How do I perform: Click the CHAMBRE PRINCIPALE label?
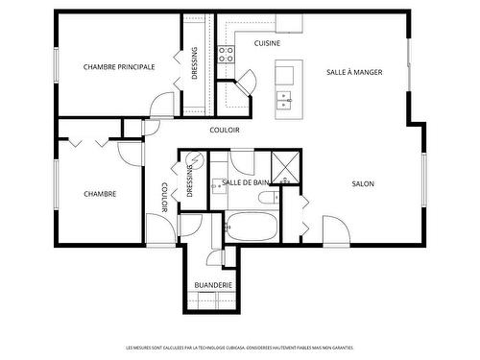(x=119, y=67)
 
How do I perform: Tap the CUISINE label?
(x=267, y=44)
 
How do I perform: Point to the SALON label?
(x=363, y=183)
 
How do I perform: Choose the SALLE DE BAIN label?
(x=245, y=182)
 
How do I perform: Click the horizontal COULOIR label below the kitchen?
(x=224, y=130)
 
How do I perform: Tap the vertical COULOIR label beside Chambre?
(x=164, y=196)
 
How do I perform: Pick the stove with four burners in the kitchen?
(x=227, y=54)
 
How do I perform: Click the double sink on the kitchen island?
(x=284, y=98)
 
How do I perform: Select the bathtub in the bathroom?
(x=252, y=228)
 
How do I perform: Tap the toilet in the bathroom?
(x=268, y=199)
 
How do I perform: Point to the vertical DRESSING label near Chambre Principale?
(x=195, y=63)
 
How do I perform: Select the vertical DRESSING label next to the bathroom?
(x=189, y=179)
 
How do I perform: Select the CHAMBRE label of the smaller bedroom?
(x=100, y=194)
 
